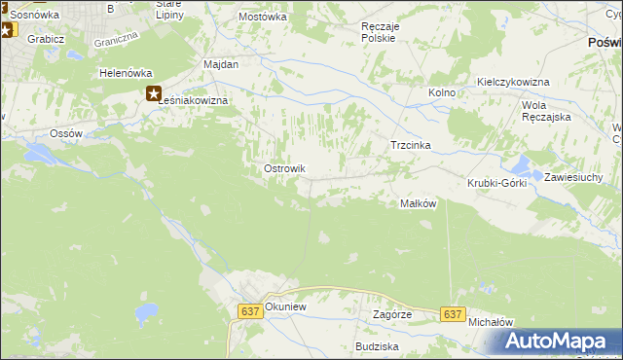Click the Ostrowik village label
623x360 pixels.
(x=285, y=168)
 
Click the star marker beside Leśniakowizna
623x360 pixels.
(x=154, y=93)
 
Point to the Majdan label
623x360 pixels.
(x=221, y=63)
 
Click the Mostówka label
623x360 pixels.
(x=263, y=17)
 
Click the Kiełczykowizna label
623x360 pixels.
(x=513, y=82)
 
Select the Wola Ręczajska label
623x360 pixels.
(x=545, y=110)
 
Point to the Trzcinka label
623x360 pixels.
(x=410, y=145)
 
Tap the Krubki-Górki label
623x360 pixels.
(x=496, y=183)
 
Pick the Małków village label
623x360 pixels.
(x=418, y=203)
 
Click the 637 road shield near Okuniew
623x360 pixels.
(x=249, y=310)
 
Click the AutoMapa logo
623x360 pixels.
(x=557, y=341)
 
